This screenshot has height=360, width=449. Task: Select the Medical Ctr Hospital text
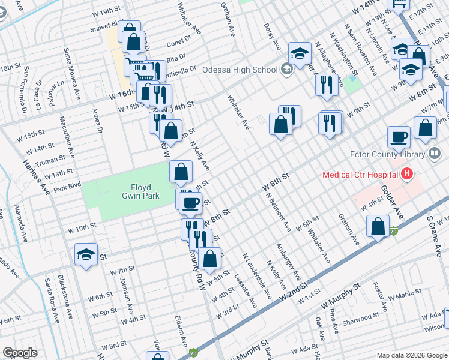point(360,175)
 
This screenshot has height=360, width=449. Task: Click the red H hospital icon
point(408,175)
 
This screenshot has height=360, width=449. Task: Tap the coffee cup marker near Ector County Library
point(399,136)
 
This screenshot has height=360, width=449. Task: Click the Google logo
point(20,353)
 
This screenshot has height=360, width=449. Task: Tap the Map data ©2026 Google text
point(411,355)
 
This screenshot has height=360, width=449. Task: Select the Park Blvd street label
point(67,188)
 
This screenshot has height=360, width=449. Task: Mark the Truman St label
point(50,161)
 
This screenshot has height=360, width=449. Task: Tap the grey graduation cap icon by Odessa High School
point(287,70)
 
